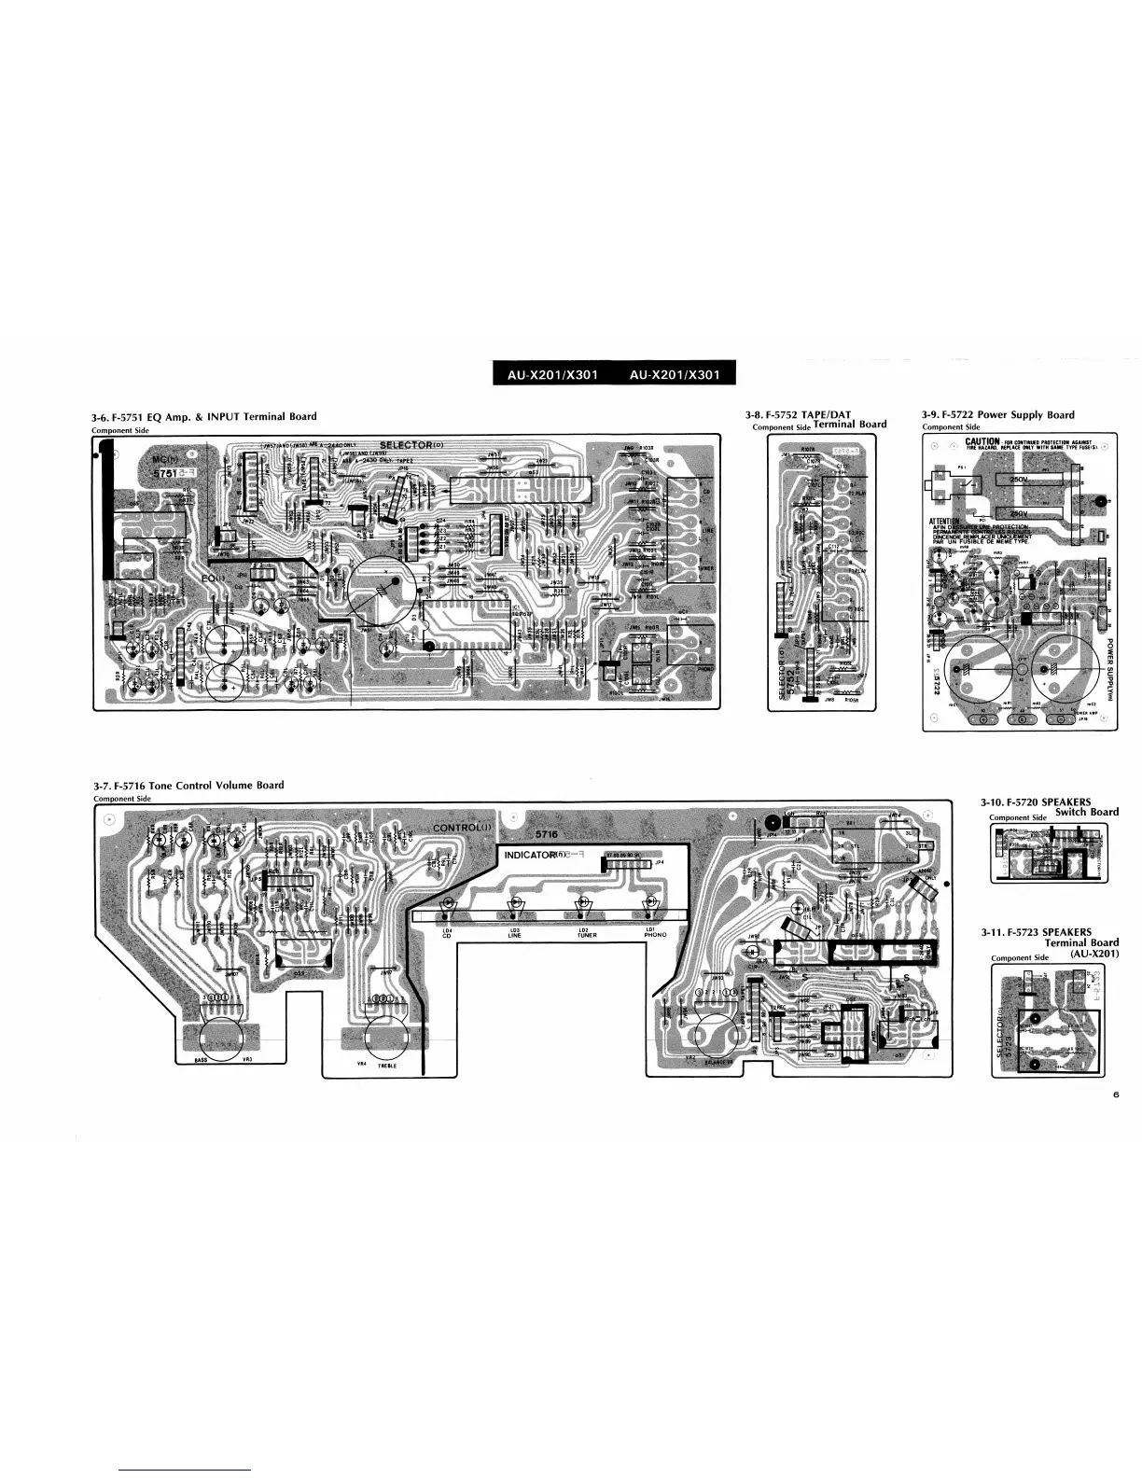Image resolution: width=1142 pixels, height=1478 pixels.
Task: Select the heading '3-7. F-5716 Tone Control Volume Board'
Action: [188, 786]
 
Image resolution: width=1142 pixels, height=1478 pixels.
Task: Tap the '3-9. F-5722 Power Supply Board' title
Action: [997, 415]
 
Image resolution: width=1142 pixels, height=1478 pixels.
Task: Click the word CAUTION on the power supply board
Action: [982, 441]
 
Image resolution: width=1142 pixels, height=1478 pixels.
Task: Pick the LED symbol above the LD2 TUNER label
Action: [582, 903]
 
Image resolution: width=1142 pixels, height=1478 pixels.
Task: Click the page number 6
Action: [1115, 1095]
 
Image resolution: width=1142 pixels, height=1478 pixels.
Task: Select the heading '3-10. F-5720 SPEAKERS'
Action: [1036, 802]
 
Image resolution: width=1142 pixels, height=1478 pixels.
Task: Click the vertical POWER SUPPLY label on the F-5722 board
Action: [1110, 662]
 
